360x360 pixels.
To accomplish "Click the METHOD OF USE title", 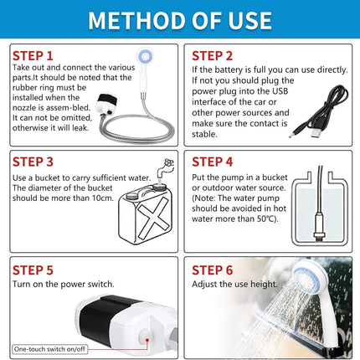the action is (x=180, y=20).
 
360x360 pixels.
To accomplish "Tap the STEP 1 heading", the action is (x=33, y=56).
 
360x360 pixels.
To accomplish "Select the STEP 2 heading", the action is (x=212, y=56).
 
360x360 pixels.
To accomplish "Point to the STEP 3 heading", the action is (x=33, y=162).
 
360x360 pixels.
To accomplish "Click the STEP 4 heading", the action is (x=212, y=162).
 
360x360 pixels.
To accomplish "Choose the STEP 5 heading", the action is (x=33, y=270).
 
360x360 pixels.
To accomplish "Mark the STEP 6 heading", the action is (x=212, y=270).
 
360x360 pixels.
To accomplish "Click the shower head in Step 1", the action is (x=145, y=57).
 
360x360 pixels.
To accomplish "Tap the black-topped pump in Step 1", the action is (x=106, y=104).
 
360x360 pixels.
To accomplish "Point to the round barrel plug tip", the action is (x=292, y=136).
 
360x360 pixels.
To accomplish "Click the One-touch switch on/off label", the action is (x=49, y=349).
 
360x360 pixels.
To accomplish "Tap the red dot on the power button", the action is (x=147, y=340).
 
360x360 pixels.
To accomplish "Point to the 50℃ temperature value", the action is (x=267, y=219).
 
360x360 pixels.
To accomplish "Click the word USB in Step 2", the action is (x=280, y=91).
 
